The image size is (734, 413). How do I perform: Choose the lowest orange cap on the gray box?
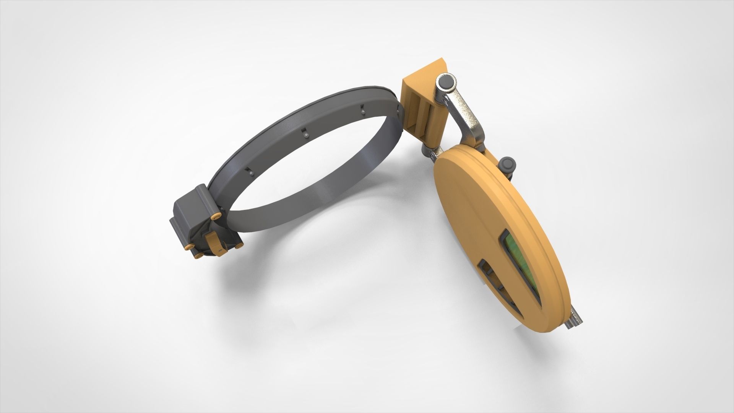(x=199, y=255)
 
